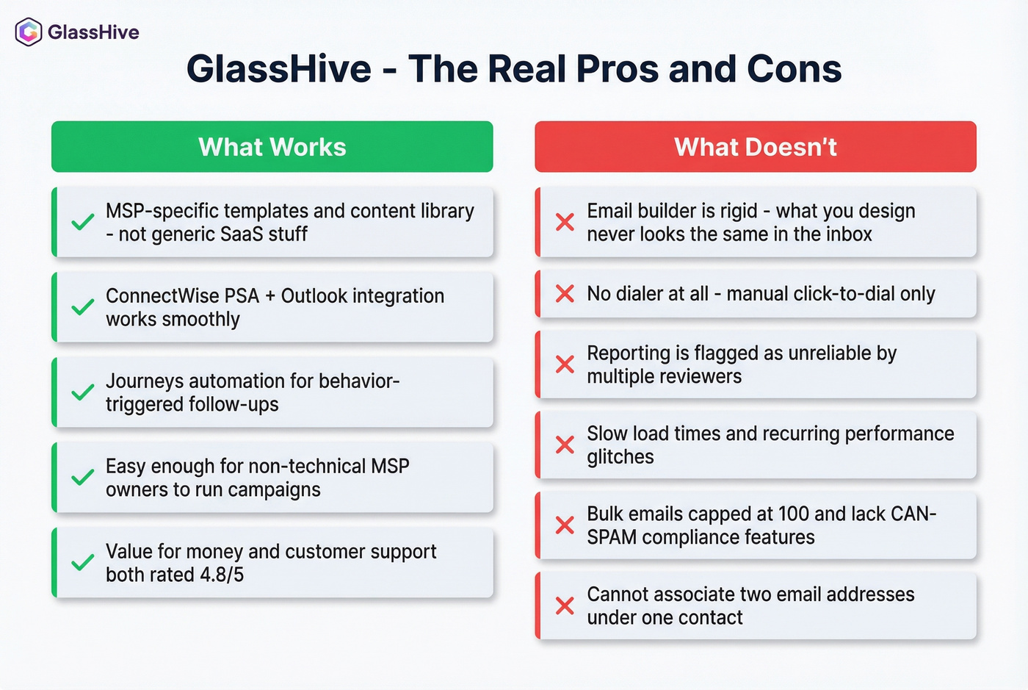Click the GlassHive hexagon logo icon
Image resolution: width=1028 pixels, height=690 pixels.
point(29,32)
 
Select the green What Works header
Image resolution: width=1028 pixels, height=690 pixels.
point(272,147)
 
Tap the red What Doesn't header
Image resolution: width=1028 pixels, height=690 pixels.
point(756,147)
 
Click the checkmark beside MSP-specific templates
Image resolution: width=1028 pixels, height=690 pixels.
point(83,222)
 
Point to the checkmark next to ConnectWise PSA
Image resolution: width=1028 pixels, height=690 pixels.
point(83,307)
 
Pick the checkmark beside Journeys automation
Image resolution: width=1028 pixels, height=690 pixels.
point(83,392)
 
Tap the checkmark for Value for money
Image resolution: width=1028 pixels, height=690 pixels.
point(83,563)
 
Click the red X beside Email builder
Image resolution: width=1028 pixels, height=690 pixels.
point(565,222)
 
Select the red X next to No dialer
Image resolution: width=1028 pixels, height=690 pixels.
point(565,294)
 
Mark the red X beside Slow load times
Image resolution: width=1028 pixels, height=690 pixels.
point(565,445)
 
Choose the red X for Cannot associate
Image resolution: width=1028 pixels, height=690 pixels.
point(565,605)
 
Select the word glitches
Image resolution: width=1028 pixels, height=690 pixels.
point(620,457)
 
